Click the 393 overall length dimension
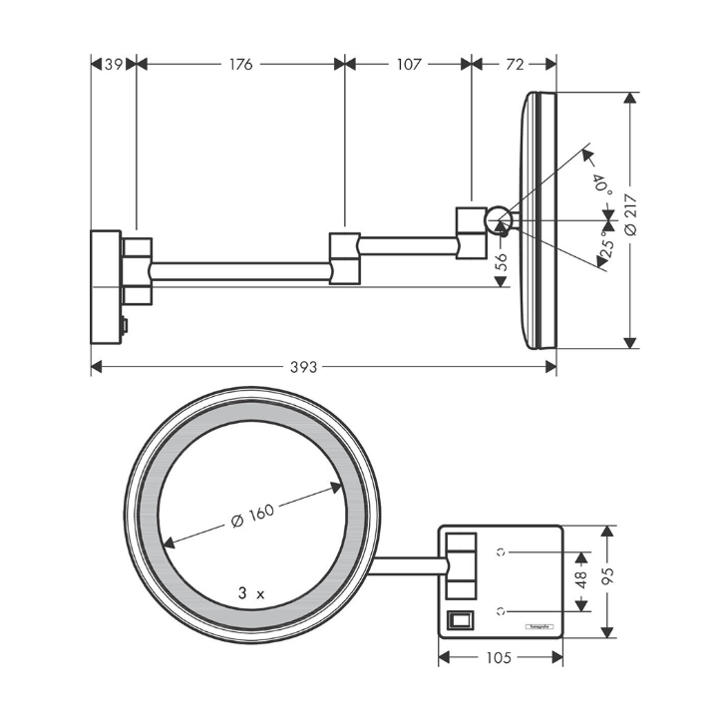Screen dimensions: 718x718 [303, 367]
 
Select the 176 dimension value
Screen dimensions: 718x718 [240, 64]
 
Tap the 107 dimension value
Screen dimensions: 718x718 [408, 64]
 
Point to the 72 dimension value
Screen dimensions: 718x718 [515, 64]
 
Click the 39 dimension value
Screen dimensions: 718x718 [113, 64]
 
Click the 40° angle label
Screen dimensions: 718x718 [600, 184]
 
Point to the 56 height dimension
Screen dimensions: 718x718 [502, 261]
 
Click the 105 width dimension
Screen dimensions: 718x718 [500, 657]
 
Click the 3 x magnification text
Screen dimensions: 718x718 [251, 591]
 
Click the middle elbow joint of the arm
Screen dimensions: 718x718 [344, 257]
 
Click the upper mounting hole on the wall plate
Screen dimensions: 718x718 [503, 550]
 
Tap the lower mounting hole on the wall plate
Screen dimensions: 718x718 [503, 609]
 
